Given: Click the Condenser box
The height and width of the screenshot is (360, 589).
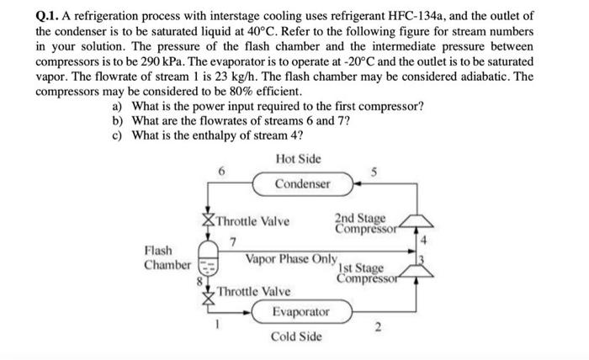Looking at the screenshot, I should click(x=302, y=183).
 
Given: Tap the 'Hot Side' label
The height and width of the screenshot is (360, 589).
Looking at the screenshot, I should click(x=297, y=159).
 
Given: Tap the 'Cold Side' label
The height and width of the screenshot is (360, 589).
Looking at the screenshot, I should click(x=295, y=337).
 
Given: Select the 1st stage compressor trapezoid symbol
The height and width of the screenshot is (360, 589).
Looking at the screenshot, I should click(x=419, y=270).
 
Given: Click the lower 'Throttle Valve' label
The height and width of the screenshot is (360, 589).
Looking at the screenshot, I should click(x=253, y=291).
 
